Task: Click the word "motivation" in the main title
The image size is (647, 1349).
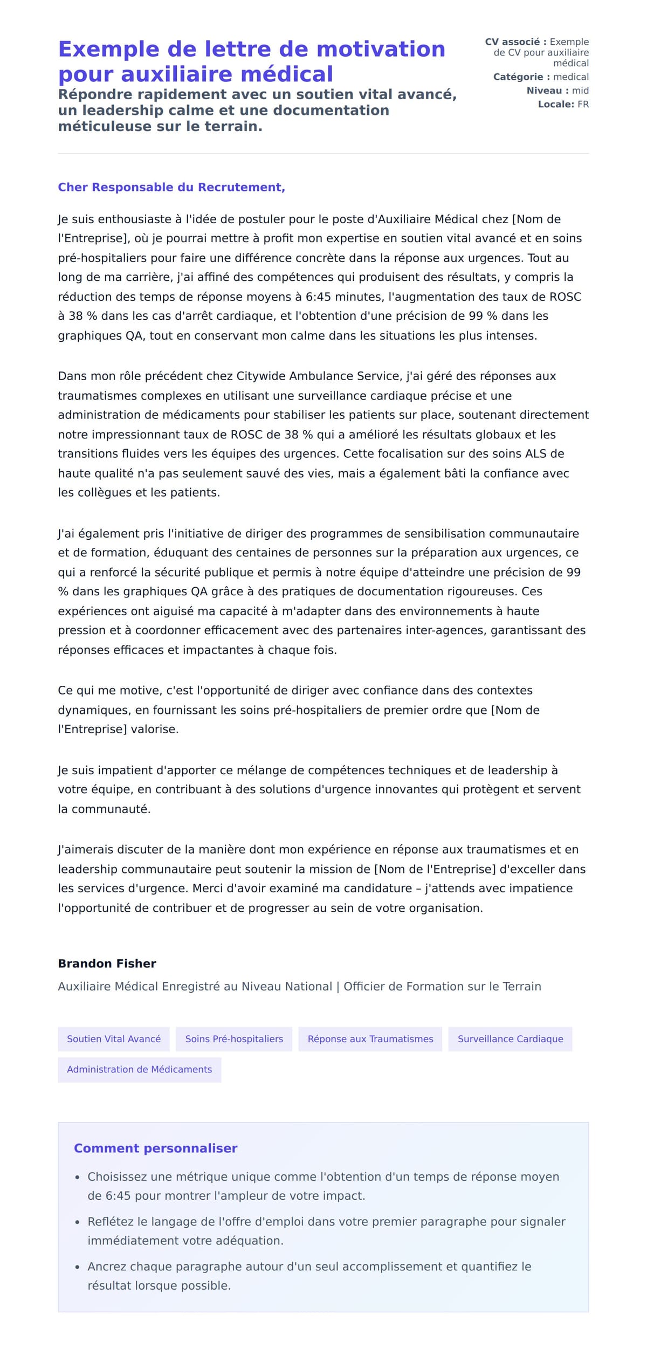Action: (381, 49)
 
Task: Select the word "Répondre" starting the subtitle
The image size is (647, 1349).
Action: (95, 94)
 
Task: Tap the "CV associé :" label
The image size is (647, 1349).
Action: (515, 42)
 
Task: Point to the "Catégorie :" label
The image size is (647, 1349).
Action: (521, 77)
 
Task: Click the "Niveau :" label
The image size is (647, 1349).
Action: (547, 91)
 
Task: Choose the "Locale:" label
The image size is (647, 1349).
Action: (556, 104)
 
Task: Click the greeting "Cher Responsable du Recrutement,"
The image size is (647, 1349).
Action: (171, 187)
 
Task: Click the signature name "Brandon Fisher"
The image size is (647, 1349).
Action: (107, 963)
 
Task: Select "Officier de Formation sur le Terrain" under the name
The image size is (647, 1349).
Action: (442, 986)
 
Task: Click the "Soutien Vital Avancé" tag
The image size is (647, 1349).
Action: (114, 1039)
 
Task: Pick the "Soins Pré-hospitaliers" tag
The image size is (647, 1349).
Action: (234, 1039)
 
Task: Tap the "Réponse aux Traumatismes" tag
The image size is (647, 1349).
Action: (370, 1039)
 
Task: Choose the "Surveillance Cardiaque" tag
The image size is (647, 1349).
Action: (510, 1039)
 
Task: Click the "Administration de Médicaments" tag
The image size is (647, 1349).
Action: (140, 1069)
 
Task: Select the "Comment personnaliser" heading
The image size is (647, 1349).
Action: (155, 1148)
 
